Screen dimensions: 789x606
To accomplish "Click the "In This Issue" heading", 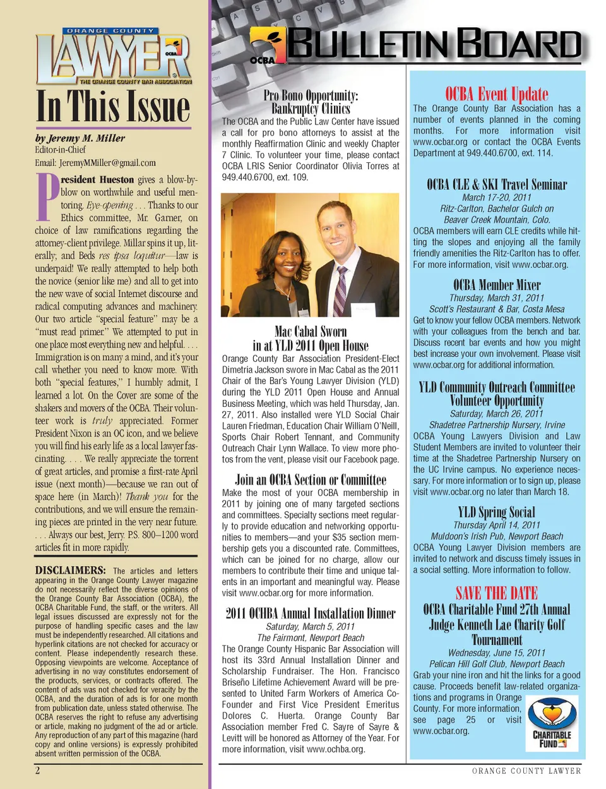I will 114,106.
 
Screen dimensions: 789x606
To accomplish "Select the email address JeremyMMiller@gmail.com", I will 95,162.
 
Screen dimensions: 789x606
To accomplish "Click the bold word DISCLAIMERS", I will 70,570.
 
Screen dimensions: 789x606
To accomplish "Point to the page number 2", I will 38,770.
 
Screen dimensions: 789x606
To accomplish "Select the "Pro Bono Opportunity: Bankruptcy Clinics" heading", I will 311,102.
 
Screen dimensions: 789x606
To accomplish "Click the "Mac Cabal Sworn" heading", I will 311,331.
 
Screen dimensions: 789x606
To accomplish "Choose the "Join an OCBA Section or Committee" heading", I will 311,479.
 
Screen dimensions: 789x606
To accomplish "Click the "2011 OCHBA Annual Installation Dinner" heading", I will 311,613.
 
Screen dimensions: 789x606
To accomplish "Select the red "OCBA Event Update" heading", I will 497,93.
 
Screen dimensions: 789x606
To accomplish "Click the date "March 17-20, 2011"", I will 497,197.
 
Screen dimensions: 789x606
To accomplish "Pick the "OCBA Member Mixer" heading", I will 497,285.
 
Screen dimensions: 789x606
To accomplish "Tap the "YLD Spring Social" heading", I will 497,512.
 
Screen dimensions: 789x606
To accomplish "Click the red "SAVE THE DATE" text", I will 497,593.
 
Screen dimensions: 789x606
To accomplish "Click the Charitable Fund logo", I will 552,723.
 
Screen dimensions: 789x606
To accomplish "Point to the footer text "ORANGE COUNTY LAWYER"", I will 526,771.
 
